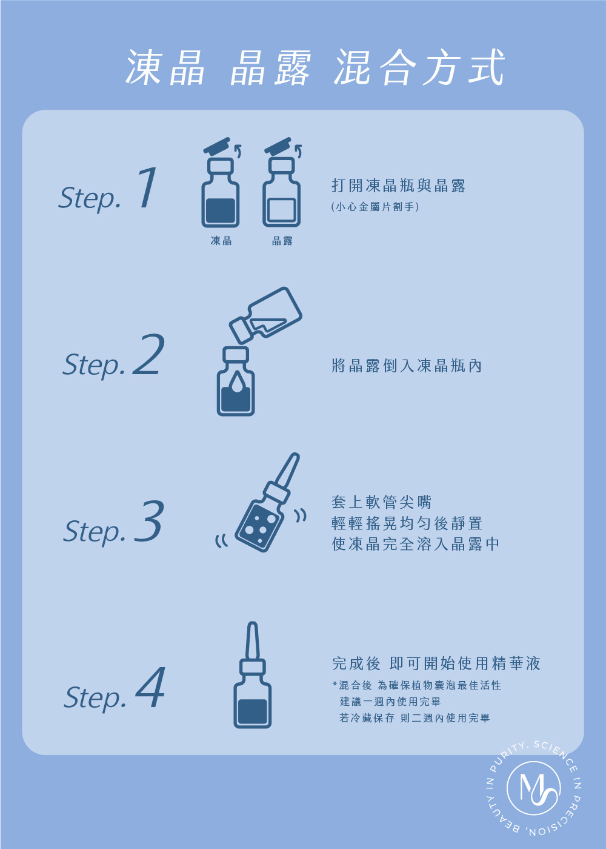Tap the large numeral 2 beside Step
148,354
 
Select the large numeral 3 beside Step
149,520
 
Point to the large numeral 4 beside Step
150,687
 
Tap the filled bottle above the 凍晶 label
220,193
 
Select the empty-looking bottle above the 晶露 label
281,193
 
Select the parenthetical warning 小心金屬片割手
375,207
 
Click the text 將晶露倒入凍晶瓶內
407,366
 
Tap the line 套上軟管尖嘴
381,502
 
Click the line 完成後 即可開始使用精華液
436,663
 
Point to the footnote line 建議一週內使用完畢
390,702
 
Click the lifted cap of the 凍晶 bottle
217,145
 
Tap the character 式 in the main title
486,67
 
